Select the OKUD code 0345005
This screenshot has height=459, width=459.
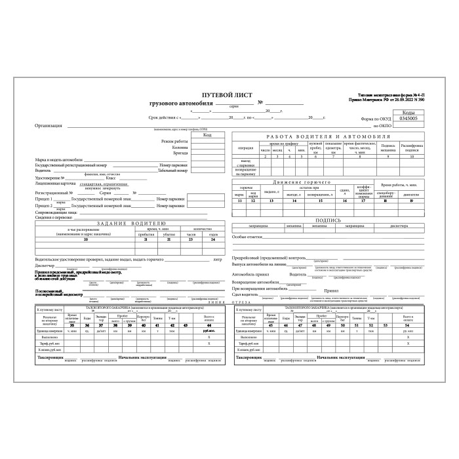404,119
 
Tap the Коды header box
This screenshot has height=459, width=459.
404,113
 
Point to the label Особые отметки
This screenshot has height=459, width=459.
247,236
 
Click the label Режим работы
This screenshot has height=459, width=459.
174,142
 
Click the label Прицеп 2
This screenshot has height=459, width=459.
45,205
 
